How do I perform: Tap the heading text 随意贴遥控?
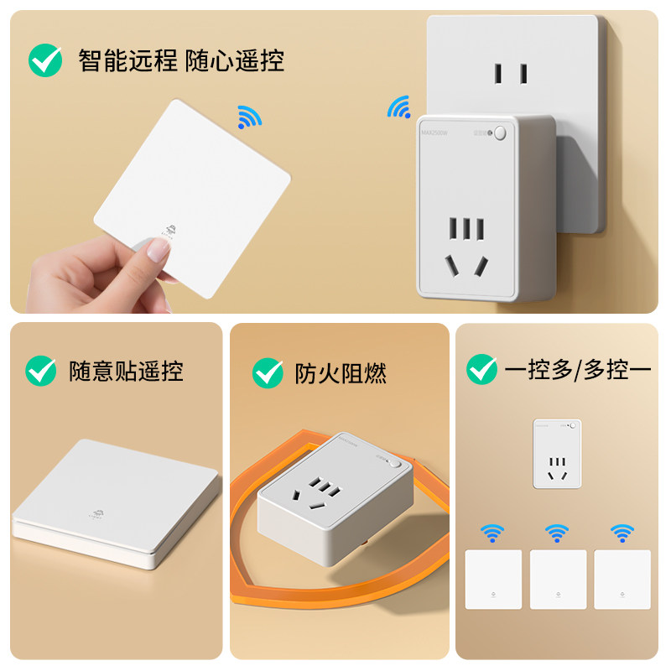point(126,371)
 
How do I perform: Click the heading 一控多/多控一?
point(577,369)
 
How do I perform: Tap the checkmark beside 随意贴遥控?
point(41,371)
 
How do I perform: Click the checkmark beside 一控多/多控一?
point(481,368)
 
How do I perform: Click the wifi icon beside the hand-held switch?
point(249,117)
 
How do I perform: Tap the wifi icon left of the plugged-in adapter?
point(399,107)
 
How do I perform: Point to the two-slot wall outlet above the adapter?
point(510,73)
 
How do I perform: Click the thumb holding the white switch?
point(153,249)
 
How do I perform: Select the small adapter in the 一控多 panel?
point(556,454)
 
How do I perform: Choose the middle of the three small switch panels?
point(557,579)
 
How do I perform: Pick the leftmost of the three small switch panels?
point(493,579)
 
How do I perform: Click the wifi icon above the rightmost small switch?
point(622,532)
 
